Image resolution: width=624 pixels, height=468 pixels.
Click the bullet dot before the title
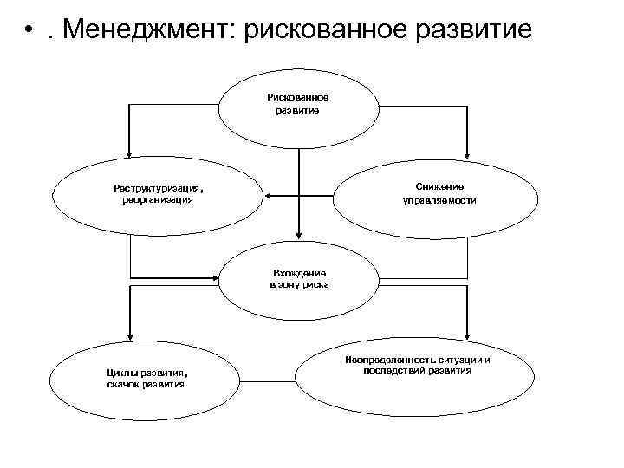29,34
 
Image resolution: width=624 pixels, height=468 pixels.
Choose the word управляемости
439,200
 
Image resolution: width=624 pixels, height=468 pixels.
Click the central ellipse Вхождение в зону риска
298,278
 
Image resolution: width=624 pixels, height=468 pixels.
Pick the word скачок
126,384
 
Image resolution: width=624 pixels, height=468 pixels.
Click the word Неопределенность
385,359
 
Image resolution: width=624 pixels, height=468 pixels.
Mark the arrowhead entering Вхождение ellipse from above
298,232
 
